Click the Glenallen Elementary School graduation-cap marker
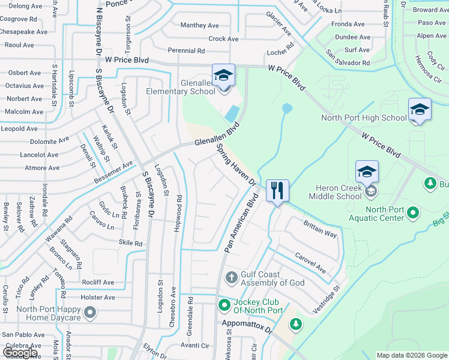pyautogui.click(x=223, y=76)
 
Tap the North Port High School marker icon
pyautogui.click(x=420, y=110)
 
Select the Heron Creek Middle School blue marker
pyautogui.click(x=367, y=172)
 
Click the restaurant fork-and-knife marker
pyautogui.click(x=277, y=191)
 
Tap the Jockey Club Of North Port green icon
pyautogui.click(x=224, y=305)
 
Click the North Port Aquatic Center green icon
pyautogui.click(x=413, y=212)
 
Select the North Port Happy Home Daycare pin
pyautogui.click(x=90, y=312)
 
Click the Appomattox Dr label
pyautogui.click(x=247, y=327)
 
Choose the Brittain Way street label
pyautogui.click(x=320, y=229)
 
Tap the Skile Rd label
pyautogui.click(x=131, y=244)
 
